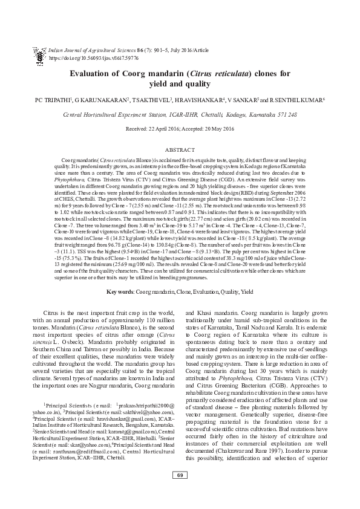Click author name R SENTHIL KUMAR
pos(298,99)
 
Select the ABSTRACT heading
pos(180,148)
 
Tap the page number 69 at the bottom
pos(180,493)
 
